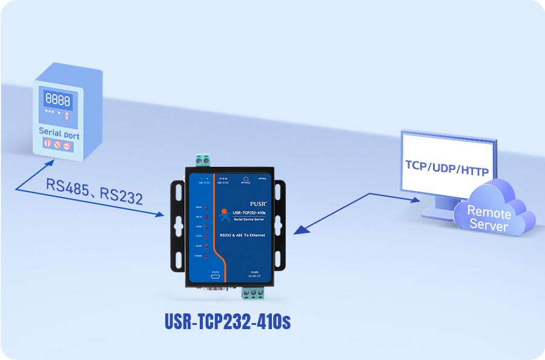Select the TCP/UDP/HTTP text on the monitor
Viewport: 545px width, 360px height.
pos(447,166)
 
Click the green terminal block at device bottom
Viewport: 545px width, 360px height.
pos(254,294)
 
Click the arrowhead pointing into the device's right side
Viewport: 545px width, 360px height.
pos(296,231)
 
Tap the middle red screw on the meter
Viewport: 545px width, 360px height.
pos(59,146)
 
